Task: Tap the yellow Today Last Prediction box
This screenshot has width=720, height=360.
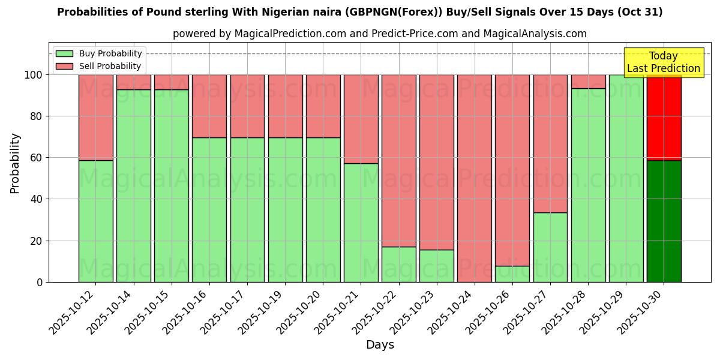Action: pos(664,62)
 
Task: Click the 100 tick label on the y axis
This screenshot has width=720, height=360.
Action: pos(33,75)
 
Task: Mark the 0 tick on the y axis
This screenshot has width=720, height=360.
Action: pos(39,282)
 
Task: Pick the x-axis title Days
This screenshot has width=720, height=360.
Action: pos(380,345)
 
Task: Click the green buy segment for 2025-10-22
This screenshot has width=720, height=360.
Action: pos(398,265)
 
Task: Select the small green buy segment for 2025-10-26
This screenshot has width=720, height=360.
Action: pos(512,274)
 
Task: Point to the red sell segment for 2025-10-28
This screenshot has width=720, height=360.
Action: pos(588,82)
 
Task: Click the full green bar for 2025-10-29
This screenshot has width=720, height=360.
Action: pos(626,178)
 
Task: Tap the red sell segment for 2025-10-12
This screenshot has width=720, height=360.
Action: pos(95,117)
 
